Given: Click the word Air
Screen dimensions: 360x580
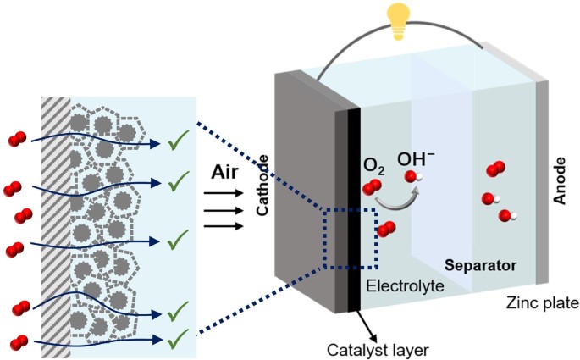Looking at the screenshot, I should coord(226,174).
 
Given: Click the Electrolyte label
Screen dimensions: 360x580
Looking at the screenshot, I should coord(405,286).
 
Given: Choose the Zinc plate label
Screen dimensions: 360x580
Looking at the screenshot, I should coord(541,302).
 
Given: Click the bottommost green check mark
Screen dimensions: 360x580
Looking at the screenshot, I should coord(177,341).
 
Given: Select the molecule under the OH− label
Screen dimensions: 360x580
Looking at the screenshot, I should coord(412,177).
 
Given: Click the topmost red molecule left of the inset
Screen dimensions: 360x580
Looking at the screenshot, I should coord(17,139).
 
